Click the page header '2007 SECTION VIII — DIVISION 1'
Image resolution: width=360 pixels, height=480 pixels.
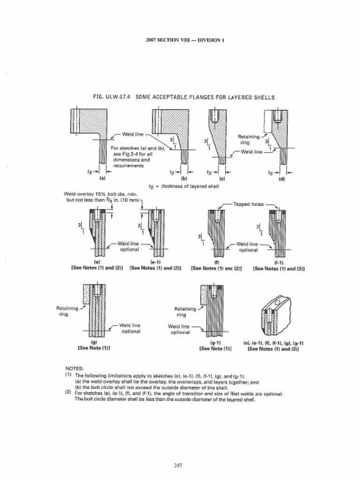(x=185, y=40)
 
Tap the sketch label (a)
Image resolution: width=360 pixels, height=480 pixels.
(x=103, y=179)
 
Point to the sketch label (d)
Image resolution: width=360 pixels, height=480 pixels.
(x=281, y=179)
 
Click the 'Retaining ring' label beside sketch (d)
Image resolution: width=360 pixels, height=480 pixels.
(x=244, y=139)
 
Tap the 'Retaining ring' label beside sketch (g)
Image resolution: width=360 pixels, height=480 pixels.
(x=66, y=311)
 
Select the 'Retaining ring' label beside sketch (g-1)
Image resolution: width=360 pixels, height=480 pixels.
(x=185, y=312)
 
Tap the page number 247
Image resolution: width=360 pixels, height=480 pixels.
(x=178, y=465)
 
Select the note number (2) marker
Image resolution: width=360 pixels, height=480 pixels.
(x=68, y=393)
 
